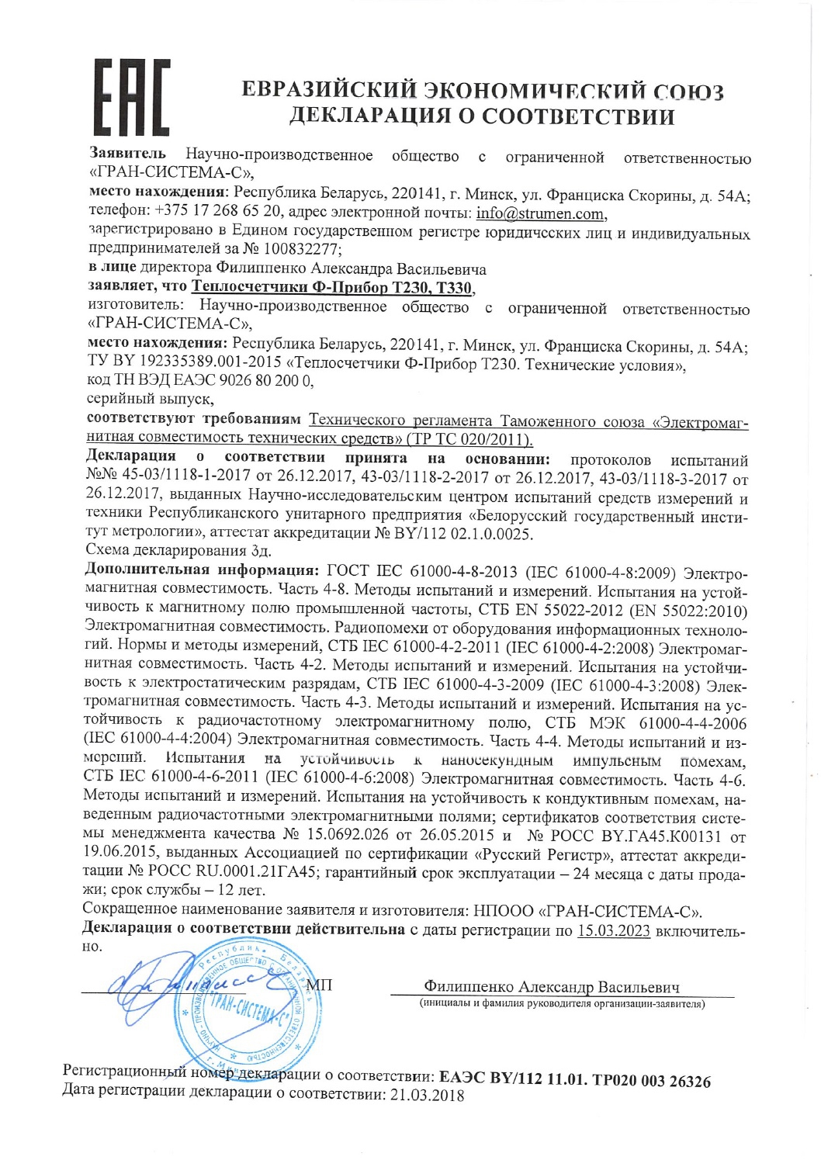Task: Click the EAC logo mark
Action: (132, 98)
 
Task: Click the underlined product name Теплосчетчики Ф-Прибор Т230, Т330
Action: (332, 288)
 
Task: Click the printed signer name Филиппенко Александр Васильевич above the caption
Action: (551, 987)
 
